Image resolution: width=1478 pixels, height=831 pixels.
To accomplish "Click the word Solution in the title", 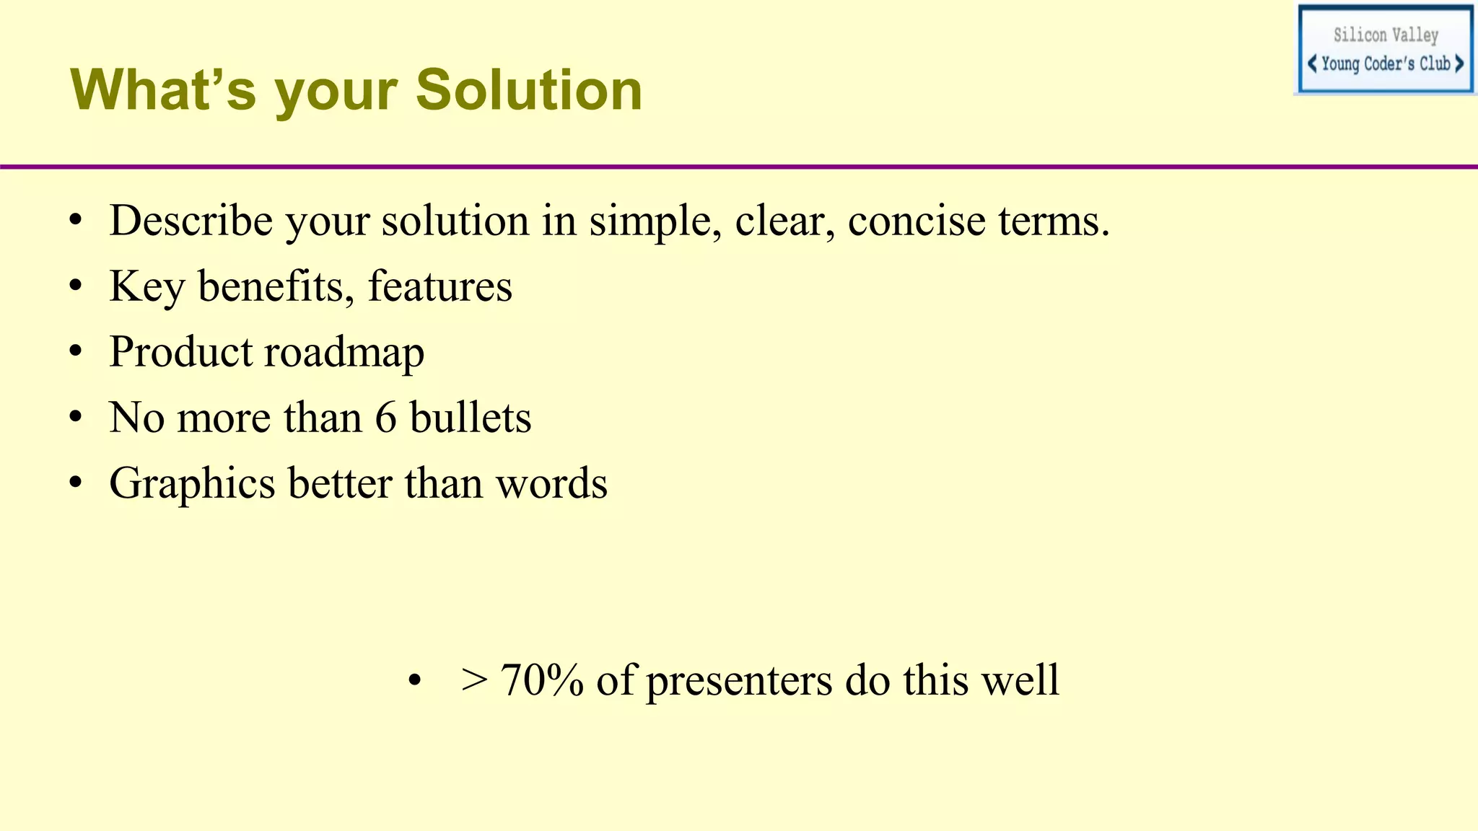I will [528, 90].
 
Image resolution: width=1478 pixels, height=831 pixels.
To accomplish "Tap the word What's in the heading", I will [163, 90].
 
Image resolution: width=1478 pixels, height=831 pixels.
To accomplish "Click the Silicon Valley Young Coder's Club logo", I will [1385, 49].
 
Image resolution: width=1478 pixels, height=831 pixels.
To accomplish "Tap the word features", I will [440, 286].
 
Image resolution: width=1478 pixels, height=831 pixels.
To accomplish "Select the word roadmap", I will [344, 353].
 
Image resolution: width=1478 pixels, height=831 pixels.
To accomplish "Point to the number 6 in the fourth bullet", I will [385, 418].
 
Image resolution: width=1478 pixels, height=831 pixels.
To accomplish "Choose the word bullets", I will [471, 418].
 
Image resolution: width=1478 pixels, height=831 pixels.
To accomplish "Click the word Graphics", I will [192, 484].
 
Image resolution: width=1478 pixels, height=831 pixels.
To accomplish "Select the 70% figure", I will [541, 680].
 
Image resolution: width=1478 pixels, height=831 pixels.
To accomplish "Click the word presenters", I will [739, 680].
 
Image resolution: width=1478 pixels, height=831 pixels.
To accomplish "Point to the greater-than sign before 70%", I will [474, 680].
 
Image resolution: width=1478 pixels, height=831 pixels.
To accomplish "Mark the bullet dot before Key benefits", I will [76, 287].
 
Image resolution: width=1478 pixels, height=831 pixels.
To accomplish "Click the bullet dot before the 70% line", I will [414, 681].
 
